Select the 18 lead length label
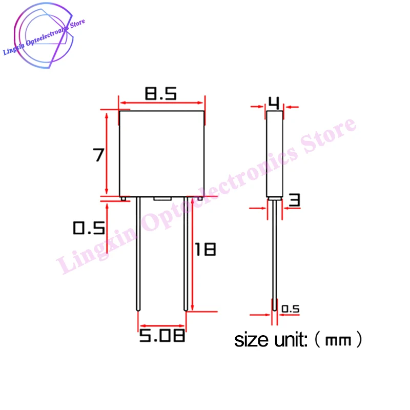coord(205,250)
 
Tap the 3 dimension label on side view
coord(294,200)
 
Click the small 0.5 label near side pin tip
coord(291,309)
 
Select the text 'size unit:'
coord(270,340)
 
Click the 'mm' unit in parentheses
coord(338,340)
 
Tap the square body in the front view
coord(162,154)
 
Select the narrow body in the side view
coord(275,154)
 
